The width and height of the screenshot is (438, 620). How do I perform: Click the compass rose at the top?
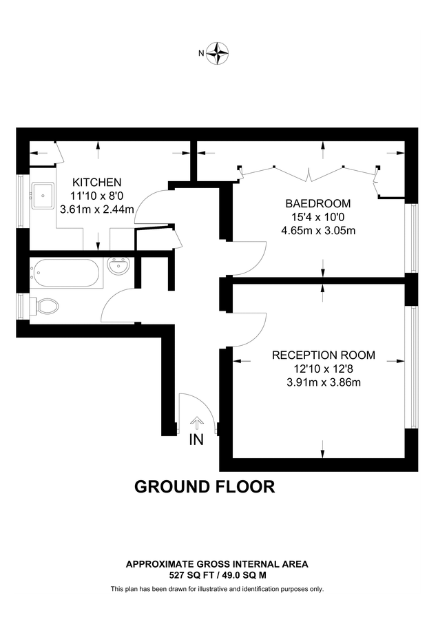[x=220, y=52]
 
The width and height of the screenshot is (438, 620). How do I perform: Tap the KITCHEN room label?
[x=97, y=183]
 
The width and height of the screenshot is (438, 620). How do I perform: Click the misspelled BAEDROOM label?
[x=318, y=204]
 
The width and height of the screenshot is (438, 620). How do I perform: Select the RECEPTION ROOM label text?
[x=324, y=355]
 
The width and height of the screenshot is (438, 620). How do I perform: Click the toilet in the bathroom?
[x=47, y=305]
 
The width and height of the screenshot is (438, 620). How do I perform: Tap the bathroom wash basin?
[x=118, y=266]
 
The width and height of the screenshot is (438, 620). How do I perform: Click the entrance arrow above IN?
[x=197, y=422]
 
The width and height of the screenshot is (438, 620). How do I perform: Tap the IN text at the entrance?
[x=197, y=440]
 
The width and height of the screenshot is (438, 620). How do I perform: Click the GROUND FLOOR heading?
[x=205, y=487]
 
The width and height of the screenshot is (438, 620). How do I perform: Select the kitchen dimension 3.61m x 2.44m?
[x=97, y=209]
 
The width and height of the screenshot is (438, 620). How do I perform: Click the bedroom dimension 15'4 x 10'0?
[x=318, y=217]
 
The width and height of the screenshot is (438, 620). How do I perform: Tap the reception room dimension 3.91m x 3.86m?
[x=324, y=382]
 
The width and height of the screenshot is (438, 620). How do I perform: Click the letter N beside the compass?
[x=202, y=53]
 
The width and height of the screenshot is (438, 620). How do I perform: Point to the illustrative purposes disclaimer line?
[x=217, y=589]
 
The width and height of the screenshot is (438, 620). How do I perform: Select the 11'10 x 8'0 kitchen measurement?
[x=97, y=196]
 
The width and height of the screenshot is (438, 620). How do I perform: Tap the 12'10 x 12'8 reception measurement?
[x=324, y=369]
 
